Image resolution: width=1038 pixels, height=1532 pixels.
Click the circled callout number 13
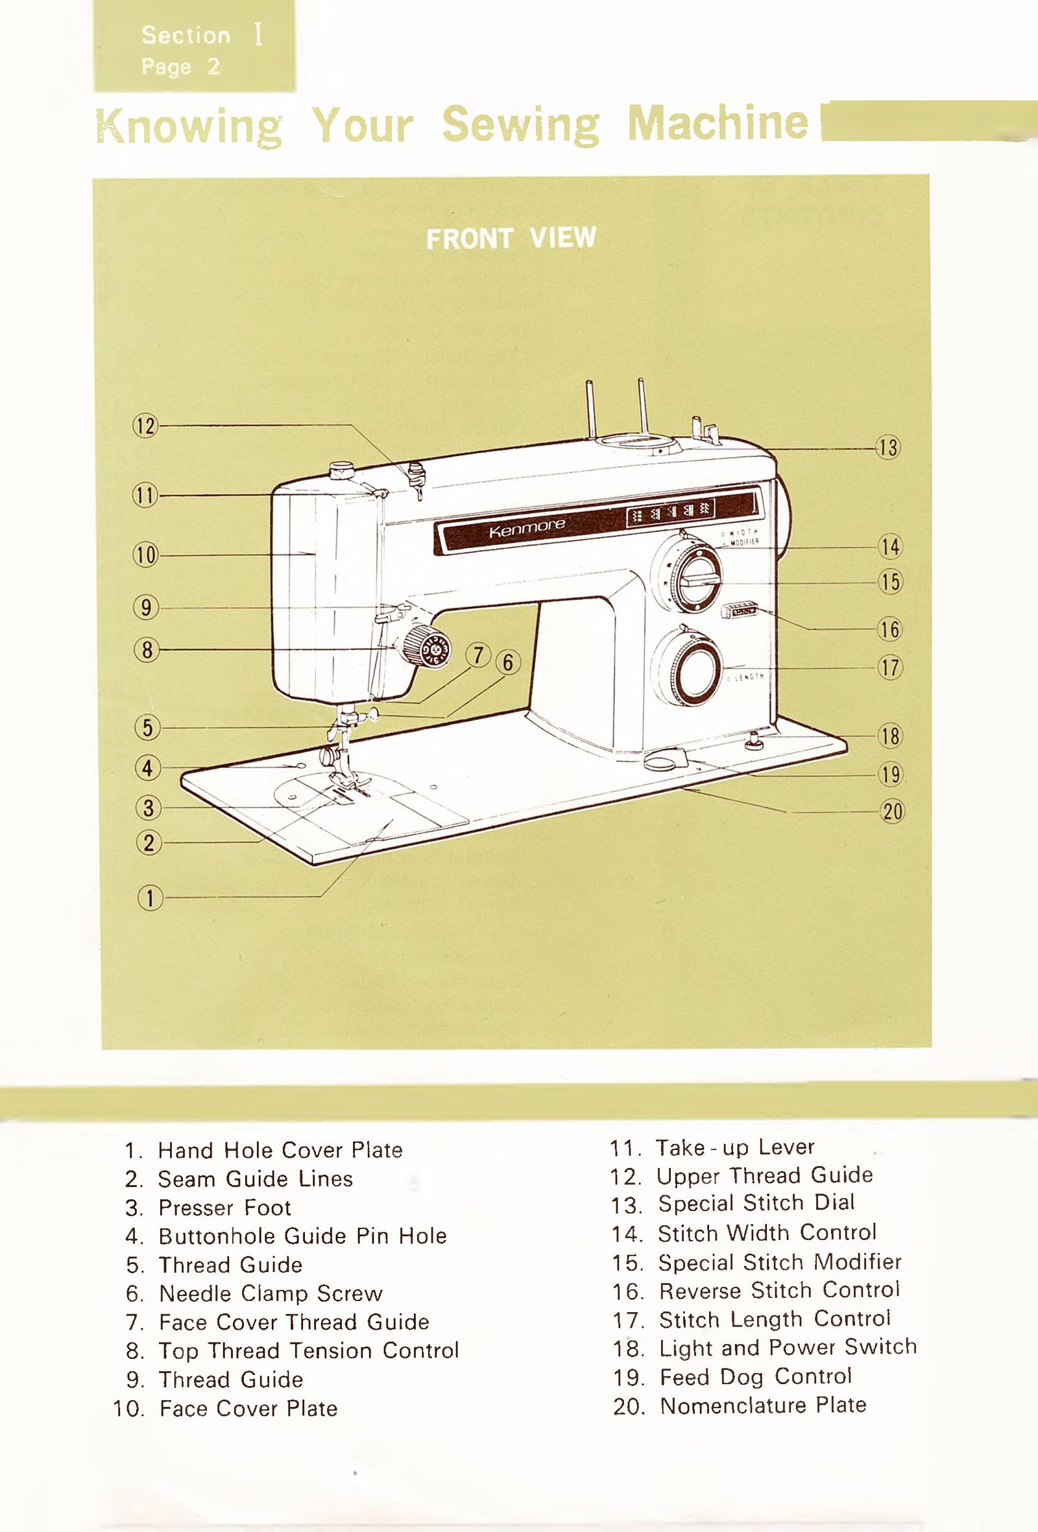click(888, 448)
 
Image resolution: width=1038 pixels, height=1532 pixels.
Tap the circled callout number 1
click(150, 898)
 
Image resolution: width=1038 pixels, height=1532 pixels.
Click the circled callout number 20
click(892, 811)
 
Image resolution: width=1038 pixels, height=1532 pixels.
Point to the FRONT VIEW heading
click(511, 238)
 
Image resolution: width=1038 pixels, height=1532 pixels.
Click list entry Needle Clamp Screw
click(271, 1293)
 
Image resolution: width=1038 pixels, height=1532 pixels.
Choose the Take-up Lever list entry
click(734, 1147)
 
